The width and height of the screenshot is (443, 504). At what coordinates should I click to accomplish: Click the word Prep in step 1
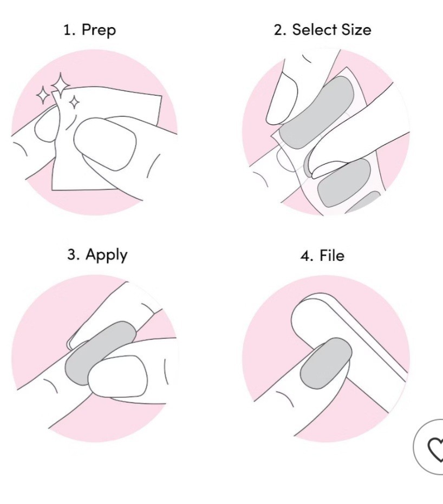pos(99,31)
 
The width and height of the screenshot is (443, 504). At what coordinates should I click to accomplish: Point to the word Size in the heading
pos(356,30)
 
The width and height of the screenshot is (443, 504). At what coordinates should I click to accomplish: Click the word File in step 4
pos(332,256)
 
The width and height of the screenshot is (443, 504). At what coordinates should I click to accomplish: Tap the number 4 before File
pos(307,256)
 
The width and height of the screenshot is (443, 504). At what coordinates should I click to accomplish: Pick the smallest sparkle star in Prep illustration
pos(75,102)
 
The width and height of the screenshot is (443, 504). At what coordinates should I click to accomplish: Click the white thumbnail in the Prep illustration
pos(105,143)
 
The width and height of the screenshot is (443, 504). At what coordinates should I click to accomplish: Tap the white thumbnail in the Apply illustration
pos(118,376)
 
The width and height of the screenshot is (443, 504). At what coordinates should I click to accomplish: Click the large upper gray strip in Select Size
pos(317,113)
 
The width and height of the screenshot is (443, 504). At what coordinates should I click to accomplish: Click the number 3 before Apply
pos(73,254)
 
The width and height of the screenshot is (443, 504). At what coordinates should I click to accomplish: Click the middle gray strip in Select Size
pos(344,182)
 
